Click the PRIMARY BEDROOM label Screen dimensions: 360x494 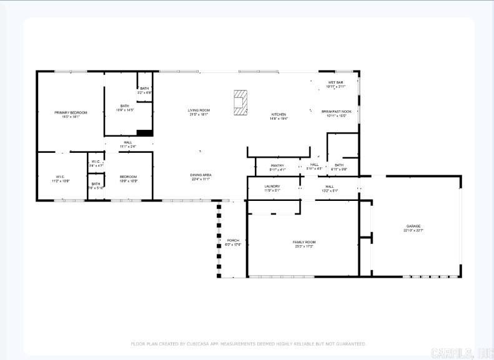(71, 112)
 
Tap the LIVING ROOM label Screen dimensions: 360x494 (199, 110)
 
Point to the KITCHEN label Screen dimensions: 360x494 (279, 114)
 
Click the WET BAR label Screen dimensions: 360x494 (335, 82)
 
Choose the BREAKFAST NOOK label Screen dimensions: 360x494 (337, 111)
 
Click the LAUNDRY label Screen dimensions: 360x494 (272, 186)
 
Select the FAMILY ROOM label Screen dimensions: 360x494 (304, 242)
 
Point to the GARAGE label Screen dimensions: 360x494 (413, 226)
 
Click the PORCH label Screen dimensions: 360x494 (233, 240)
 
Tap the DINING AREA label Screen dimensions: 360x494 (200, 175)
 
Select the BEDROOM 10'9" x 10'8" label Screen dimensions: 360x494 (128, 177)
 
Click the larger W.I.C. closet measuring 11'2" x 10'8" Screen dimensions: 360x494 (61, 177)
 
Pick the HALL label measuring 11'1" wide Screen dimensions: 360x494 (128, 142)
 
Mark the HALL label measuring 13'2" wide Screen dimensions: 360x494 (329, 187)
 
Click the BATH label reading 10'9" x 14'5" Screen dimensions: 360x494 (125, 106)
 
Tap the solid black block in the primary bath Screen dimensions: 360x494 (144, 132)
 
